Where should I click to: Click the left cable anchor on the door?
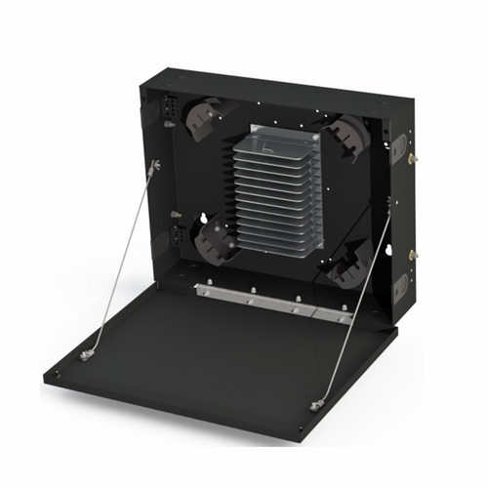point(87,355)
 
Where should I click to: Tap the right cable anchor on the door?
point(316,405)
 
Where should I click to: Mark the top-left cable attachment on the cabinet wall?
point(153,170)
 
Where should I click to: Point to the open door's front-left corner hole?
point(56,374)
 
